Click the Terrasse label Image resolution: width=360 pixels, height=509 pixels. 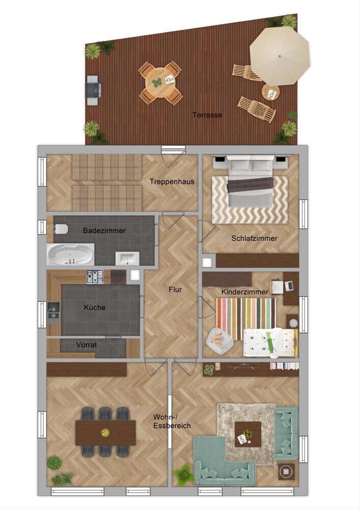pos(207,115)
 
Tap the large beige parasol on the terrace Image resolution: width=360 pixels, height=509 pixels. pos(280,55)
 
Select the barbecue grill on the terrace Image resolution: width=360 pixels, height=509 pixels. pos(93,91)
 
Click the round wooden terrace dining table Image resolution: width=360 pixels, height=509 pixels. pos(160,83)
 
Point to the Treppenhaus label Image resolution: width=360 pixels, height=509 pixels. pos(172,182)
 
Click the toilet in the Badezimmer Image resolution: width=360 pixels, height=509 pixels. pos(61,229)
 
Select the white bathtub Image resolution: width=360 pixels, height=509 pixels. pos(70,254)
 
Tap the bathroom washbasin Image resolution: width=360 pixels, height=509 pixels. pos(127,259)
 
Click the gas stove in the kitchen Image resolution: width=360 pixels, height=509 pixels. pos(95,277)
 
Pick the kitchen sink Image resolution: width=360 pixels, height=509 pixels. pos(53,310)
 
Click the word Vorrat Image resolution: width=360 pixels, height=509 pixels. pos(87,345)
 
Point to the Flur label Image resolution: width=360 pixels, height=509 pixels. pos(175,290)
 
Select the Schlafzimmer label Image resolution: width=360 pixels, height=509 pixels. pos(254,238)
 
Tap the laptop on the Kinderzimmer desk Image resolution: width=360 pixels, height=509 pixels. pos(289,286)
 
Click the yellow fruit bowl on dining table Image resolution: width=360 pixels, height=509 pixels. pos(105,432)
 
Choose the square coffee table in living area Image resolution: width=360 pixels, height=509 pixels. pos(248,434)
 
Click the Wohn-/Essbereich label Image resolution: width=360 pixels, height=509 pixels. pos(172,421)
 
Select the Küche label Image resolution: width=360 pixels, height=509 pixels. pos(95,307)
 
